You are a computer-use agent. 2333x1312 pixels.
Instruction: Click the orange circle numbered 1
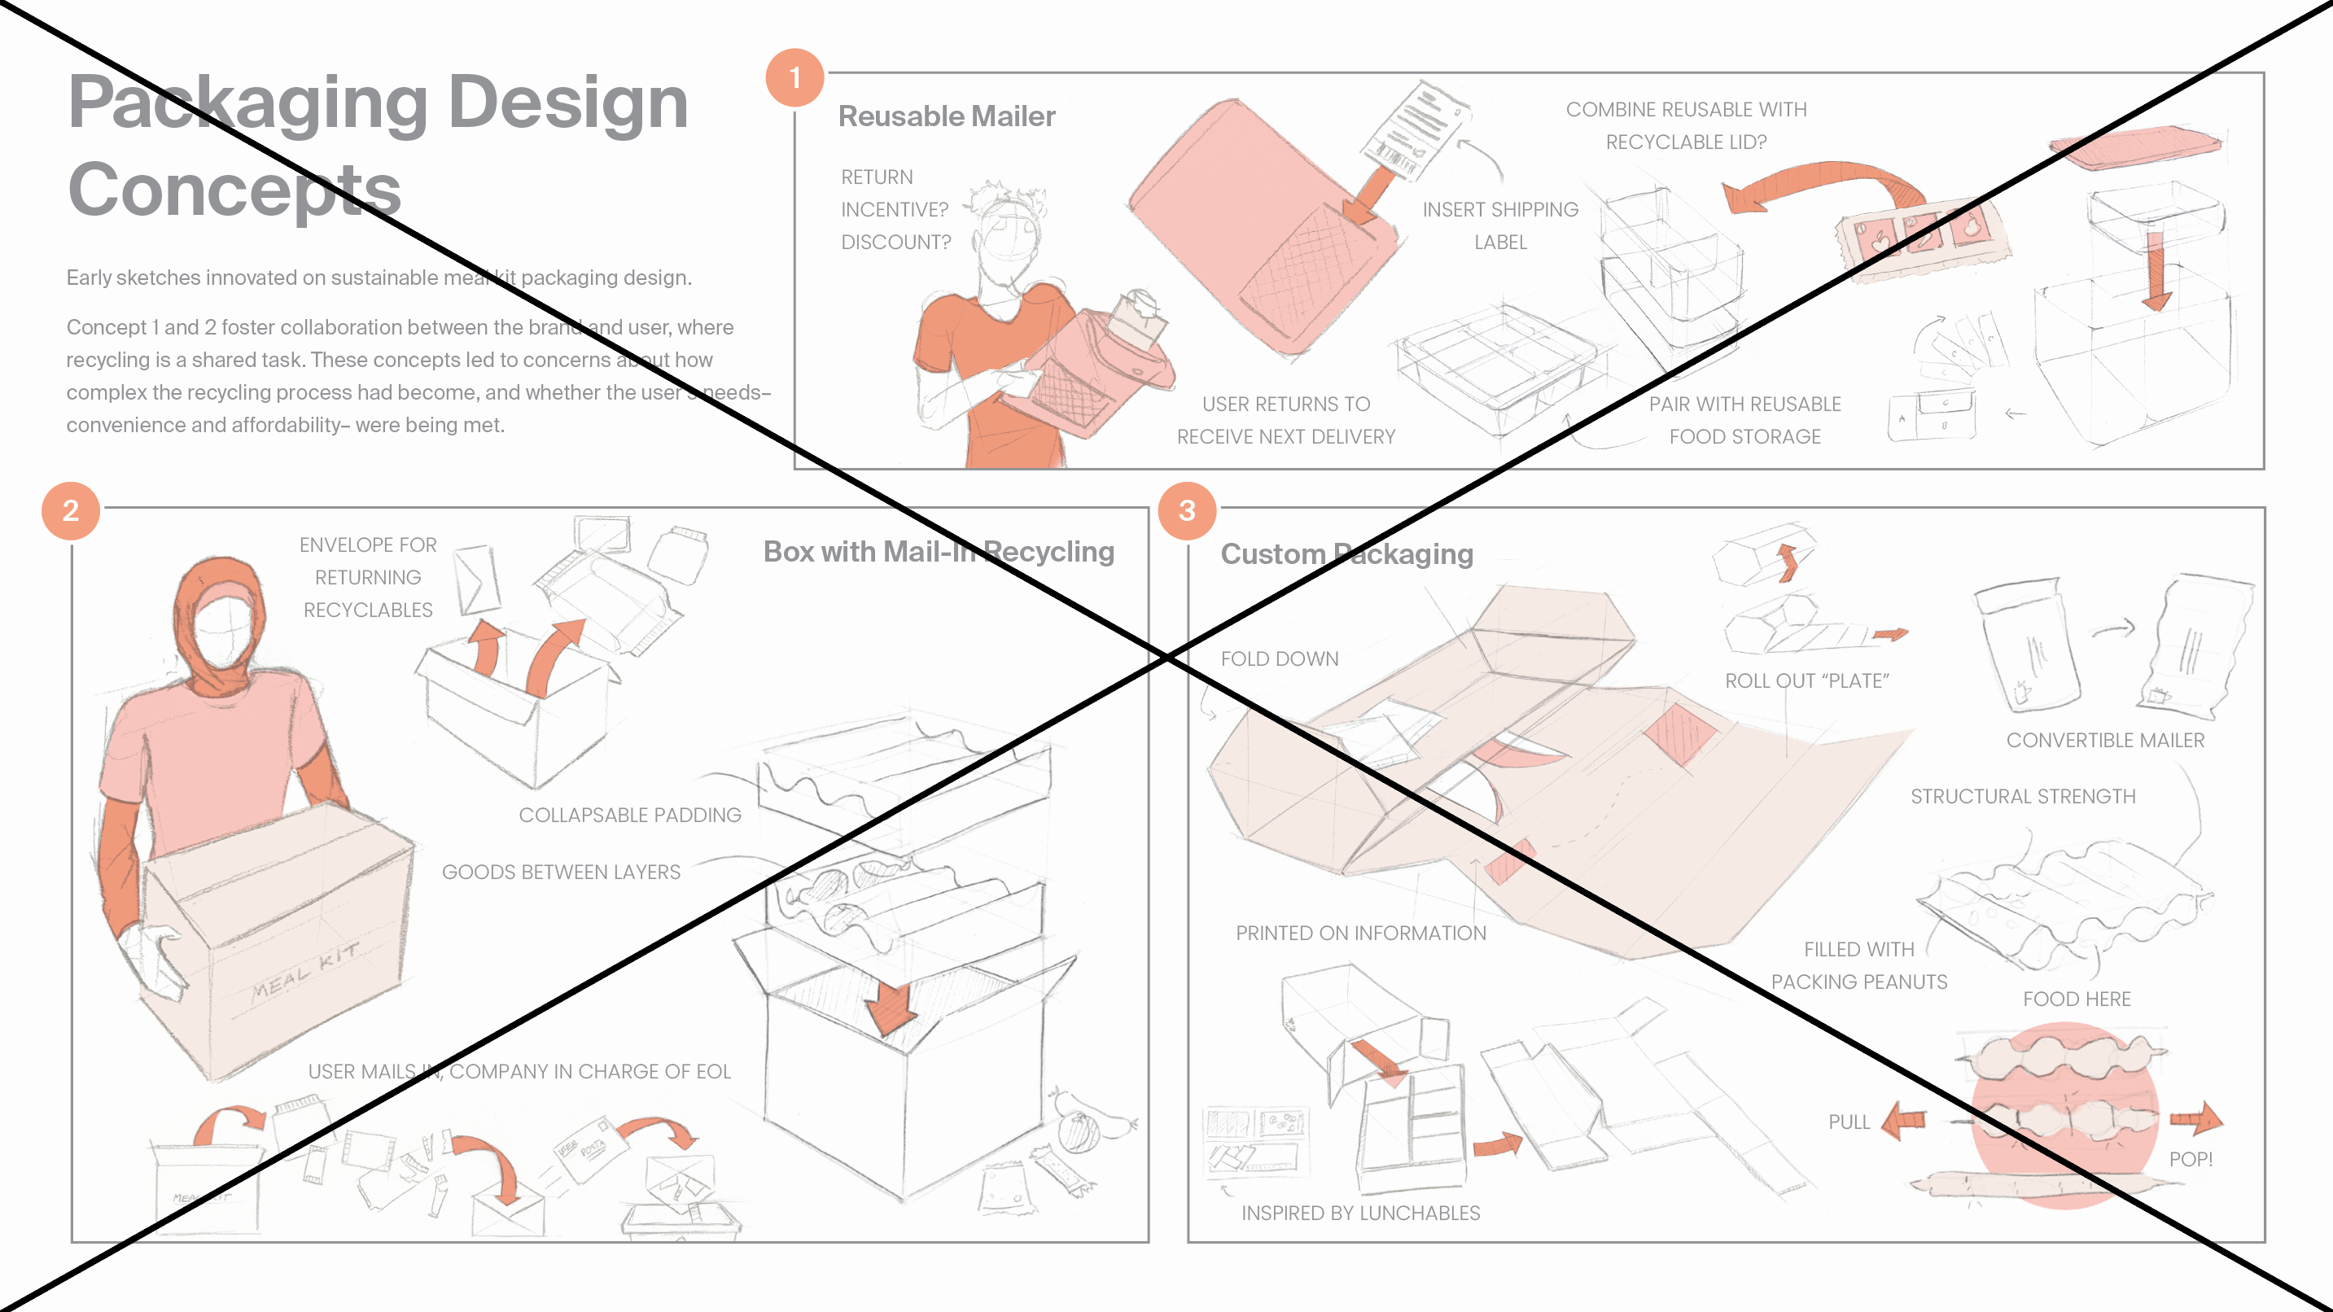tap(794, 78)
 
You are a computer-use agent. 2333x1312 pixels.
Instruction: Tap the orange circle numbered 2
tap(71, 510)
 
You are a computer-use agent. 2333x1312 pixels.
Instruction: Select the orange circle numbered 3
tap(1186, 510)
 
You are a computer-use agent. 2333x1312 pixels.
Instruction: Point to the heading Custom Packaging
tap(1346, 553)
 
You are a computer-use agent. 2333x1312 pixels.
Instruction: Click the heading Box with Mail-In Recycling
tap(939, 552)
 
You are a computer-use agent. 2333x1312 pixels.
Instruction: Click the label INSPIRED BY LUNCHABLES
tap(1360, 1213)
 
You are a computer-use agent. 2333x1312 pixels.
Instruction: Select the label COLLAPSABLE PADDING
tap(629, 815)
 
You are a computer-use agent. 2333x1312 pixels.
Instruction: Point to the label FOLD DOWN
tap(1279, 658)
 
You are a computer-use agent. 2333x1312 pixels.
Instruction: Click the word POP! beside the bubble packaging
tap(2190, 1159)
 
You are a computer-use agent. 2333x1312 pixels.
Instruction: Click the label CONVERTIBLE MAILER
tap(2105, 740)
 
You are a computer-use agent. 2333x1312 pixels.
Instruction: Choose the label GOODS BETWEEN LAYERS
tap(561, 872)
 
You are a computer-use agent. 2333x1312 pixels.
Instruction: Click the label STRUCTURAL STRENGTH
tap(2022, 796)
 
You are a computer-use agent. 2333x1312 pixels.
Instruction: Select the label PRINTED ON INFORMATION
tap(1360, 933)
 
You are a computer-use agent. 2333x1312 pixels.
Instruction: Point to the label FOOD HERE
tap(2076, 999)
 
